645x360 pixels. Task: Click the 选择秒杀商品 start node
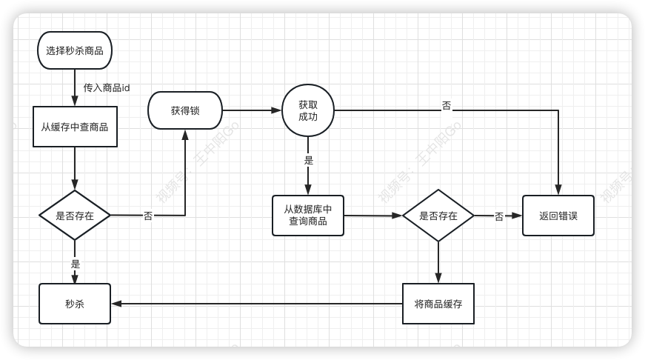[x=75, y=50]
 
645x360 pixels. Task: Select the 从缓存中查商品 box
[x=75, y=127]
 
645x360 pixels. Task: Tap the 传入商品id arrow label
[x=107, y=87]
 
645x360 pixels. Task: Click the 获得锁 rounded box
[x=185, y=110]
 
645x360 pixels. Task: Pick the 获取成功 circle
[x=308, y=110]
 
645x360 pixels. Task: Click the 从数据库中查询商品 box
[x=308, y=215]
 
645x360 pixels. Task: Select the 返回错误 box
[x=558, y=216]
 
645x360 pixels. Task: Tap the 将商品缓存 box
[x=438, y=303]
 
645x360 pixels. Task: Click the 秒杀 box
[x=75, y=304]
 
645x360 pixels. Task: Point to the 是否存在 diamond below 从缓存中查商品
[x=75, y=216]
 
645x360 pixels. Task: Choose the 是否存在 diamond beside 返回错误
[x=438, y=216]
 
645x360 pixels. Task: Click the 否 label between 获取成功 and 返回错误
[x=447, y=105]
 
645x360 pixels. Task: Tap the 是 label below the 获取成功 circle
[x=309, y=160]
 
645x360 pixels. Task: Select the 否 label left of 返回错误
[x=499, y=216]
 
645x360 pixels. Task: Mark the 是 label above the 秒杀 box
[x=76, y=263]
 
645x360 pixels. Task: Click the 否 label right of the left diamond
[x=148, y=216]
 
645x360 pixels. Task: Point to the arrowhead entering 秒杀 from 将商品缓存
[x=116, y=303]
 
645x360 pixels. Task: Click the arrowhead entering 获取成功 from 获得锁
[x=276, y=110]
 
